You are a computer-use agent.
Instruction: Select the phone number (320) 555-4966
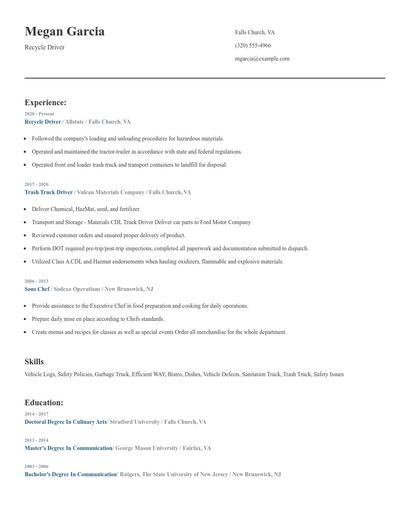tap(253, 45)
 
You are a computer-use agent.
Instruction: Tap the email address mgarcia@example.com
tap(262, 58)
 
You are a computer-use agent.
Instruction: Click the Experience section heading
tap(45, 102)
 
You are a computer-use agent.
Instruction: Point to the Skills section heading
tap(34, 360)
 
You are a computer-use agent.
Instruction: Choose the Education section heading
tap(44, 402)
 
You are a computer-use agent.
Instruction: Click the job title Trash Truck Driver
tap(49, 191)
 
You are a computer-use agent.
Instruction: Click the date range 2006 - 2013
tap(35, 281)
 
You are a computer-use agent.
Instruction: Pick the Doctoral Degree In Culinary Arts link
tap(65, 422)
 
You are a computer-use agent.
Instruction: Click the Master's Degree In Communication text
tap(68, 449)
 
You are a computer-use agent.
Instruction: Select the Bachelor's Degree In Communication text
tap(69, 475)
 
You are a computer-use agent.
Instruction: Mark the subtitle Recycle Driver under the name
tap(44, 47)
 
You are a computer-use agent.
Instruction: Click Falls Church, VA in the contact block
tap(255, 32)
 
